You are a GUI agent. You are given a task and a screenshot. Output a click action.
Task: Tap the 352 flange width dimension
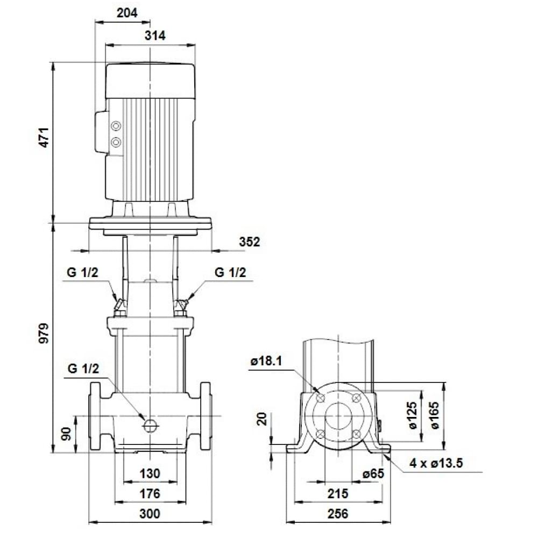[x=249, y=242]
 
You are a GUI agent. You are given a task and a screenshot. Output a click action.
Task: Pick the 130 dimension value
[x=150, y=473]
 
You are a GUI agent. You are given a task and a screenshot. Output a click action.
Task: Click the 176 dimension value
[x=150, y=493]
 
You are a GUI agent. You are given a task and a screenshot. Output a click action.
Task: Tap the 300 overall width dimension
[x=150, y=514]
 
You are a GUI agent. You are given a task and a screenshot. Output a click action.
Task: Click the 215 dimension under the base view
[x=338, y=493]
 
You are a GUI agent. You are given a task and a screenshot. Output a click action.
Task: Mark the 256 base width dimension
[x=338, y=514]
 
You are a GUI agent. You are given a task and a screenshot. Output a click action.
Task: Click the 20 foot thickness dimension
[x=262, y=419]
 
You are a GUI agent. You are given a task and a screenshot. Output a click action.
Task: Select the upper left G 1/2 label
[x=83, y=273]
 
